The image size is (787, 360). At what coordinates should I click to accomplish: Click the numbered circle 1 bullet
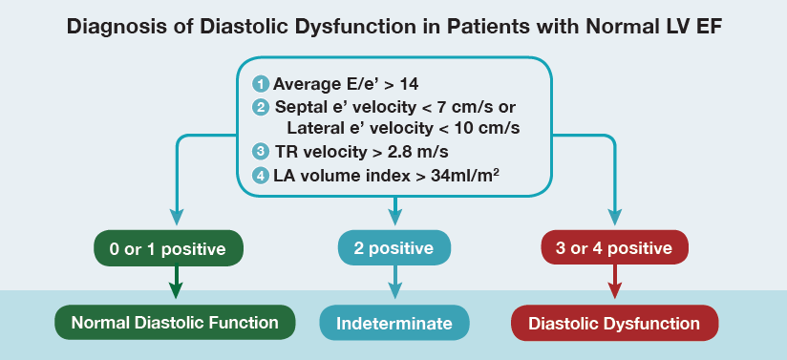261,84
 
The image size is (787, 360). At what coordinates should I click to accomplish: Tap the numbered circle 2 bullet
261,108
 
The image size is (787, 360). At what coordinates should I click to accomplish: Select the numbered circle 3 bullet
261,152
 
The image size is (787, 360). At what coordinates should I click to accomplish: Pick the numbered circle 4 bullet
261,177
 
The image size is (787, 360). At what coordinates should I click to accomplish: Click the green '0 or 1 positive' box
168,248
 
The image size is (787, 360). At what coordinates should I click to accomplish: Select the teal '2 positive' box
394,248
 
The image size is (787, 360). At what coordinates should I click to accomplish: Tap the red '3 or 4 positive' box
614,248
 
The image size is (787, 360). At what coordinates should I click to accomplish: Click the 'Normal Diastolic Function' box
175,323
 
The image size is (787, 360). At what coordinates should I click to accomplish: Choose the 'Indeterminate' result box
394,323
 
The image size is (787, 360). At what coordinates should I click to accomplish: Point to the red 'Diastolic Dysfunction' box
614,323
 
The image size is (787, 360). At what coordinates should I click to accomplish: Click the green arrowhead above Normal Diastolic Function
176,289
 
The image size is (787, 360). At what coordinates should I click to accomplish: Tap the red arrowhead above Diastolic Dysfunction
615,289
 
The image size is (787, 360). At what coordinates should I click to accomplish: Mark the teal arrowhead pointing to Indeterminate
395,289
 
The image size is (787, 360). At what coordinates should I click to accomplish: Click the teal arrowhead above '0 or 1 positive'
176,216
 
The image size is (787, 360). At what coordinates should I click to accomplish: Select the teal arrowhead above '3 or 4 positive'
614,216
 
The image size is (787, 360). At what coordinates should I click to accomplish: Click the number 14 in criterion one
409,84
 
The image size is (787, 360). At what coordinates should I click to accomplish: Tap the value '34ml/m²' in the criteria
464,177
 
